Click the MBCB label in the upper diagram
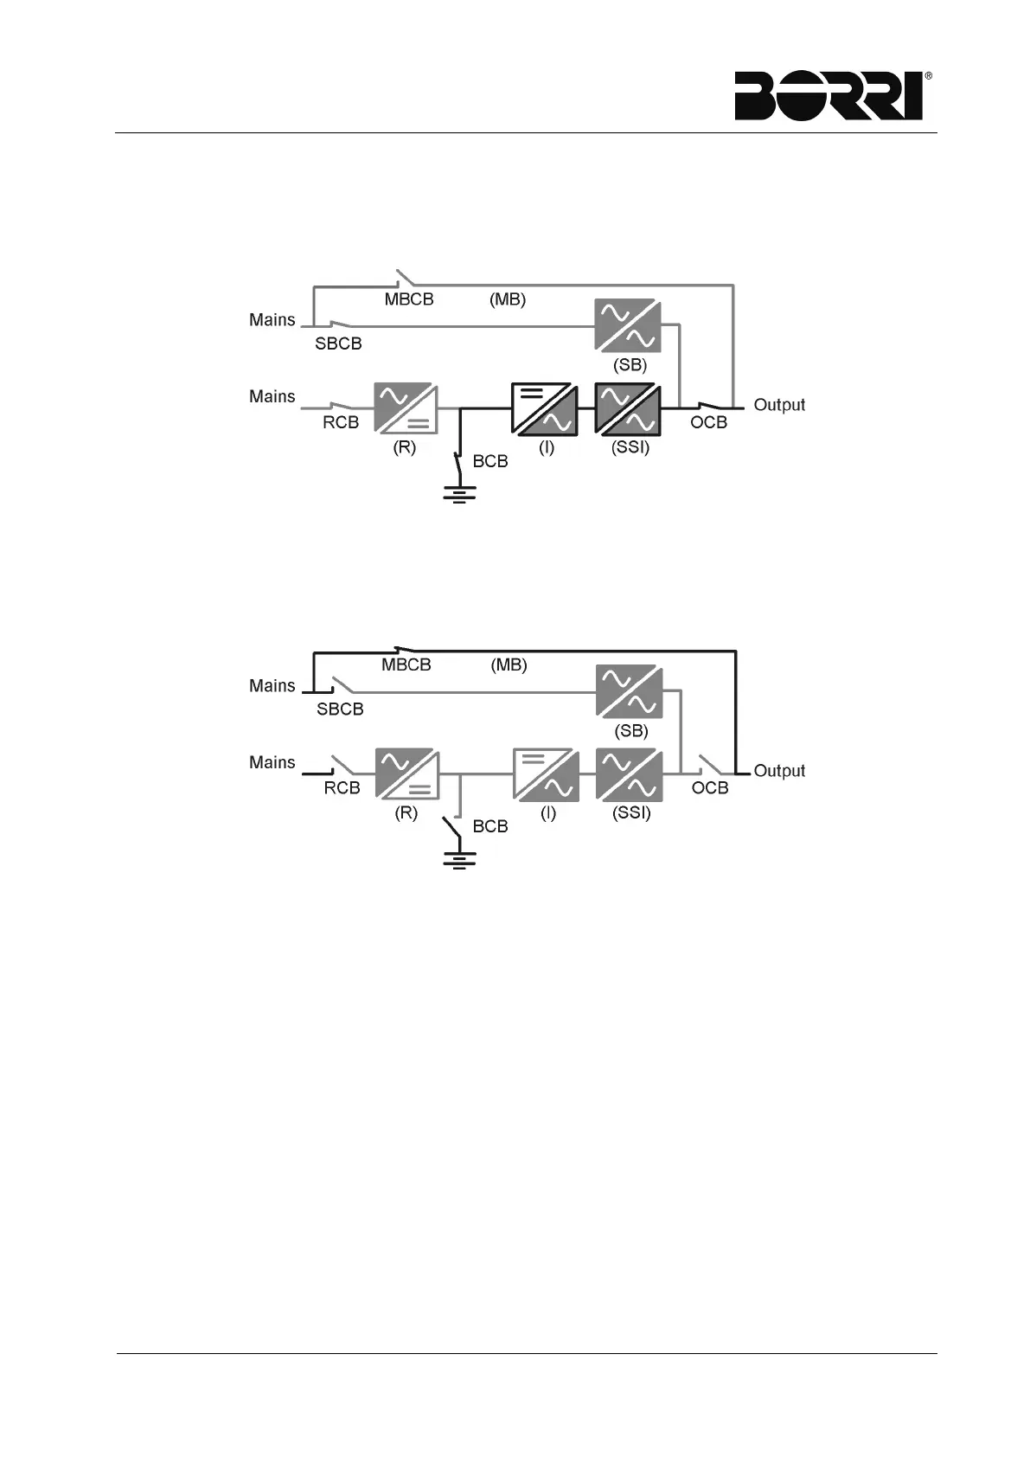pos(408,299)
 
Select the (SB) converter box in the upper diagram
pos(628,325)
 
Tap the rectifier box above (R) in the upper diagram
pos(406,408)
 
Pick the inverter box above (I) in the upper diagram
pos(544,408)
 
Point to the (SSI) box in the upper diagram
pos(628,408)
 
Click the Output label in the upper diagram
pos(779,405)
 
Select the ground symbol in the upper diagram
pos(459,495)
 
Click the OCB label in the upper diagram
pos(708,422)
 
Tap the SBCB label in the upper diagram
pos(338,343)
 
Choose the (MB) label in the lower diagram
pos(509,665)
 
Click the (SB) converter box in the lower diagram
pos(630,691)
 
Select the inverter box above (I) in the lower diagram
pos(546,773)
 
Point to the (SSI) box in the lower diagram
pos(630,773)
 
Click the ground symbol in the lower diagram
pos(459,860)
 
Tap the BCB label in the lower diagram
pos(490,826)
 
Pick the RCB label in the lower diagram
pos(342,788)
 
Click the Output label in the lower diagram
pos(779,771)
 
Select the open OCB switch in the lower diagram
pos(712,765)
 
